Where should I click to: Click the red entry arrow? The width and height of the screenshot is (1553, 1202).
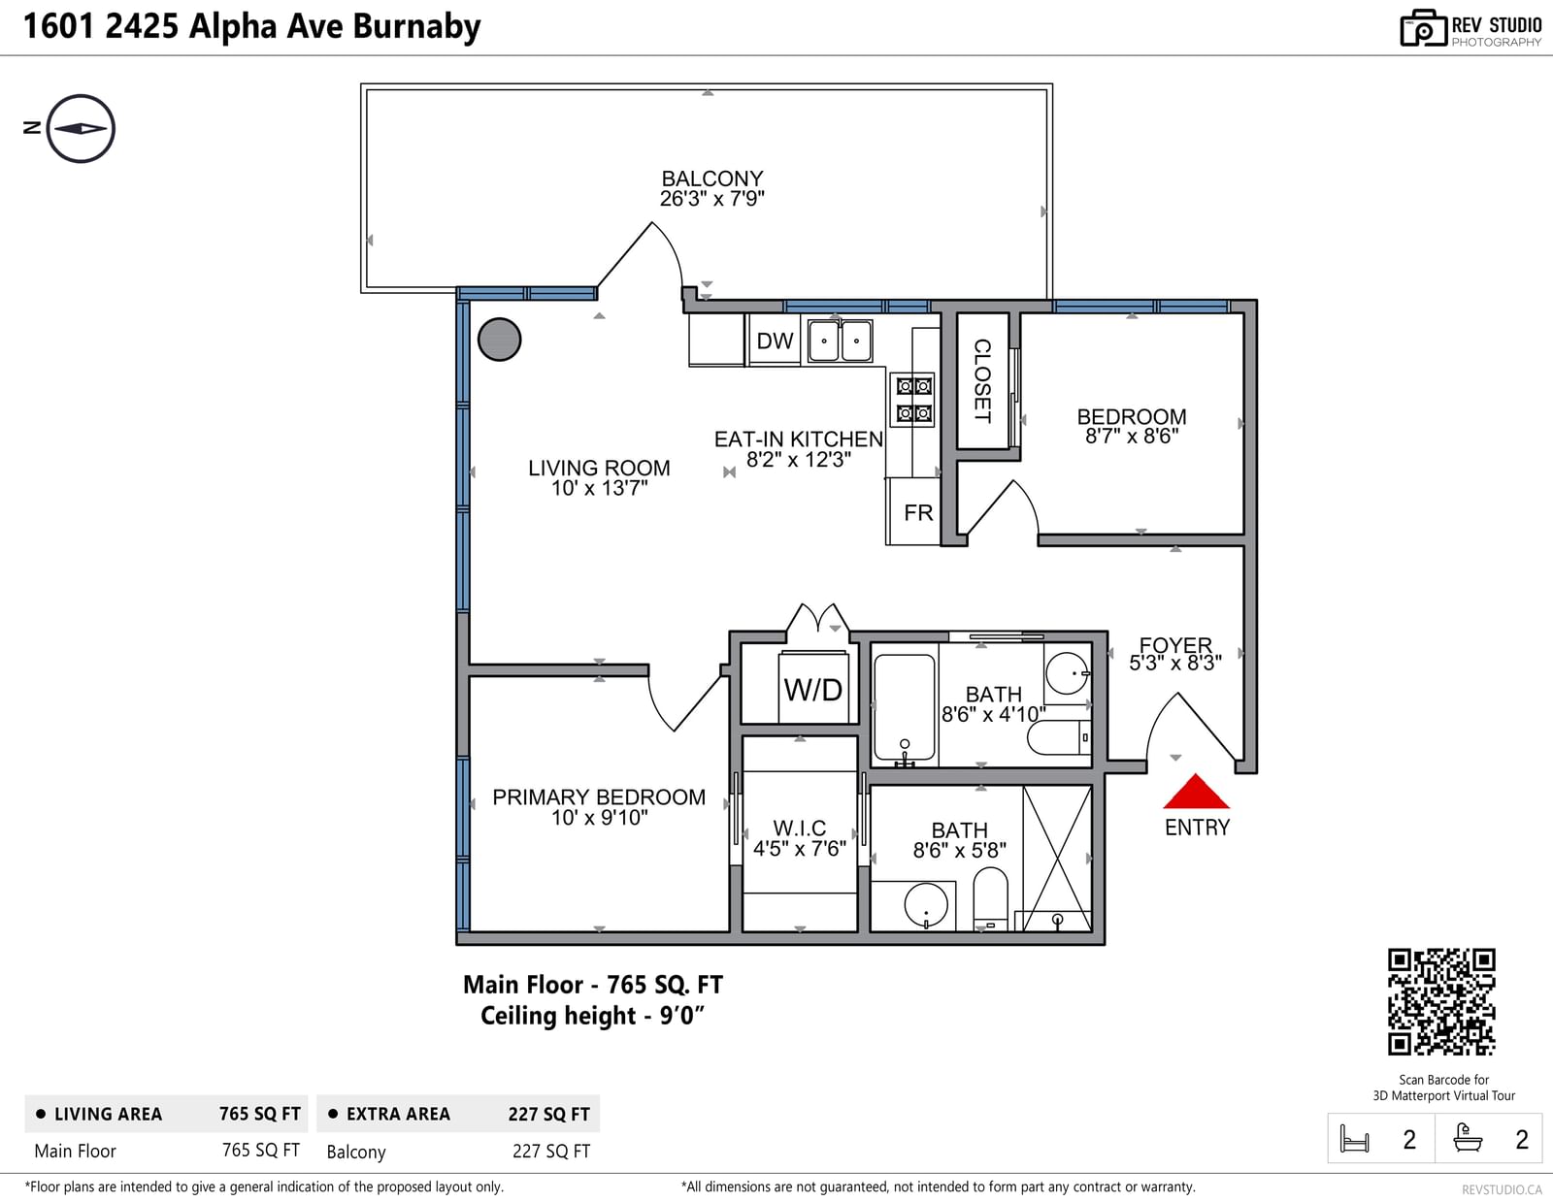point(1197,792)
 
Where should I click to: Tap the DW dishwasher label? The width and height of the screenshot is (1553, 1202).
point(775,341)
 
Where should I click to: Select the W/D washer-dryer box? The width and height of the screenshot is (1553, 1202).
point(813,687)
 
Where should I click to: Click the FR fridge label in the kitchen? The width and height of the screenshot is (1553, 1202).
point(918,513)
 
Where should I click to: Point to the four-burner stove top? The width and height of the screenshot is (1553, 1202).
point(914,400)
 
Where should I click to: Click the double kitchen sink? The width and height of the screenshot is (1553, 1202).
point(840,341)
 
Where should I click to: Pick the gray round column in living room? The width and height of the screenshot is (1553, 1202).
point(499,340)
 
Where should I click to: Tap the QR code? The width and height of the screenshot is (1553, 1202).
point(1440,1001)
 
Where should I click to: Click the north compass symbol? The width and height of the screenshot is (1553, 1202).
point(80,129)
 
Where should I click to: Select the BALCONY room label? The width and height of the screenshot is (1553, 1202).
point(711,179)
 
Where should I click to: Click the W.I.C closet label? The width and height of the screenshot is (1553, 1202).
point(799,828)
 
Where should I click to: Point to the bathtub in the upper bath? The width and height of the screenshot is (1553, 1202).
point(904,706)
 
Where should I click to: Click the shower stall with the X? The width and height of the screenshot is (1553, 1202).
point(1057,859)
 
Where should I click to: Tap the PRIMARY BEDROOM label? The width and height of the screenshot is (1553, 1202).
point(599,797)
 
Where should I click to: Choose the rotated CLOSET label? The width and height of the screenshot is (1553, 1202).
point(982,381)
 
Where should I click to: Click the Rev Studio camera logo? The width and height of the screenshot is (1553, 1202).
point(1423,28)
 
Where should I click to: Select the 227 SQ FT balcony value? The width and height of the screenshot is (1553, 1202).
point(551,1152)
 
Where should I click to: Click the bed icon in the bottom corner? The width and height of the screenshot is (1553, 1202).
point(1354,1139)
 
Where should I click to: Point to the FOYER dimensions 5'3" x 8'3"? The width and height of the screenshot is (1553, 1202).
point(1174,663)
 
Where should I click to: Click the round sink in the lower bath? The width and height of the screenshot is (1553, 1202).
point(926,905)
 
